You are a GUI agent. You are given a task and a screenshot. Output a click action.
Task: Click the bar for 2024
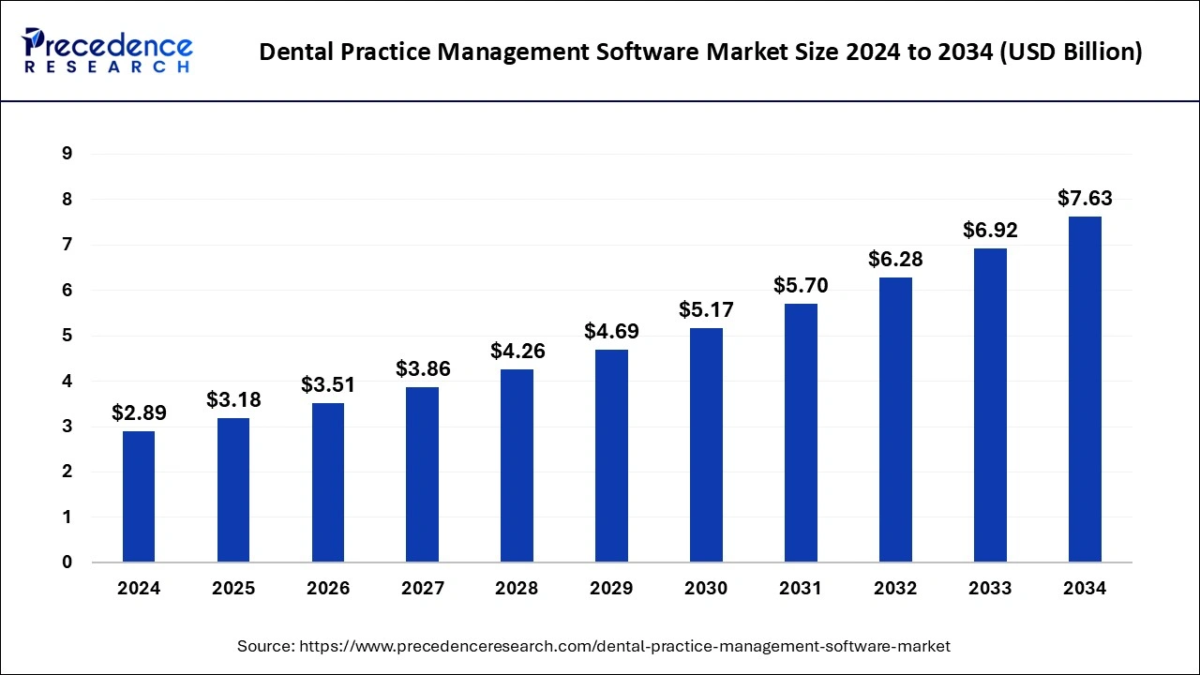pyautogui.click(x=139, y=497)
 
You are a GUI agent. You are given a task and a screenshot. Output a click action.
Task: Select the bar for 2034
pyautogui.click(x=1085, y=389)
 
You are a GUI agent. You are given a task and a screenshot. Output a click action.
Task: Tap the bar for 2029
pyautogui.click(x=611, y=456)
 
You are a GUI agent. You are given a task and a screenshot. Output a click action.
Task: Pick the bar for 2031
pyautogui.click(x=801, y=433)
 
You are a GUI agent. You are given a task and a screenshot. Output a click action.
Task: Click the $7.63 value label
pyautogui.click(x=1085, y=199)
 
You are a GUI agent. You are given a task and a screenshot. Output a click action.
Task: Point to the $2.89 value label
pyautogui.click(x=139, y=412)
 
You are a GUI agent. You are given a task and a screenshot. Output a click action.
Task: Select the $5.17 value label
pyautogui.click(x=706, y=309)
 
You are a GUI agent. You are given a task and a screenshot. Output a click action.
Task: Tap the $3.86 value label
pyautogui.click(x=422, y=369)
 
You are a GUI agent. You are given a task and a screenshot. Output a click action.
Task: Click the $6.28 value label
pyautogui.click(x=895, y=259)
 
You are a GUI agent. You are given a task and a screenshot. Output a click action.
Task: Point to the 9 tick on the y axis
pyautogui.click(x=67, y=154)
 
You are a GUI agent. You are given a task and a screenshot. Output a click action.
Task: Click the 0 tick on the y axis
pyautogui.click(x=67, y=562)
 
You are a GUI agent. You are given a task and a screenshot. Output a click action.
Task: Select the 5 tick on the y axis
pyautogui.click(x=67, y=336)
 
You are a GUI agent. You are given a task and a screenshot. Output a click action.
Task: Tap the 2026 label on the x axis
pyautogui.click(x=328, y=589)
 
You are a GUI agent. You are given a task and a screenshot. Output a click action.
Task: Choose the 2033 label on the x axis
pyautogui.click(x=990, y=589)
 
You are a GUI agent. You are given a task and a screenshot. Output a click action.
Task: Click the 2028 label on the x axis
pyautogui.click(x=517, y=589)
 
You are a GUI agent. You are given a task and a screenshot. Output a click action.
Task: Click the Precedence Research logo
pyautogui.click(x=109, y=51)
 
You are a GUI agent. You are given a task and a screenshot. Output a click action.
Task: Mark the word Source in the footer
pyautogui.click(x=266, y=646)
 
